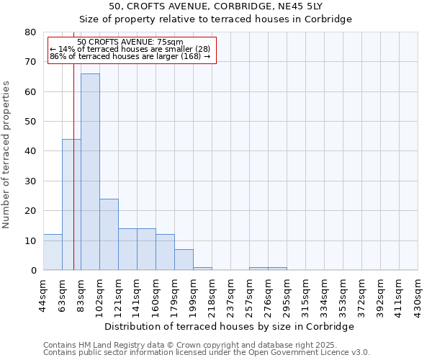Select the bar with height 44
point(71,204)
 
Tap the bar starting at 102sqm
point(109,234)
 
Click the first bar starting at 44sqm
point(53,252)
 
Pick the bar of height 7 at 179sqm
point(184,260)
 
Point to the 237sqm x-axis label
point(230,293)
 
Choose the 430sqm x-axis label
point(418,293)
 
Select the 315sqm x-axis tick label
point(305,293)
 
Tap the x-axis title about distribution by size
point(230,327)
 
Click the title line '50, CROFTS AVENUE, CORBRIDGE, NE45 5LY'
point(230,6)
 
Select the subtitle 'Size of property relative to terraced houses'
point(230,19)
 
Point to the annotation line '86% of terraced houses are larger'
point(130,56)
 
